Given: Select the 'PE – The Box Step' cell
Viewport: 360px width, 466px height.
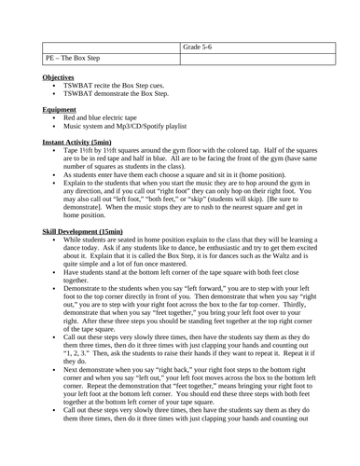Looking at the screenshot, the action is (74, 60).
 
